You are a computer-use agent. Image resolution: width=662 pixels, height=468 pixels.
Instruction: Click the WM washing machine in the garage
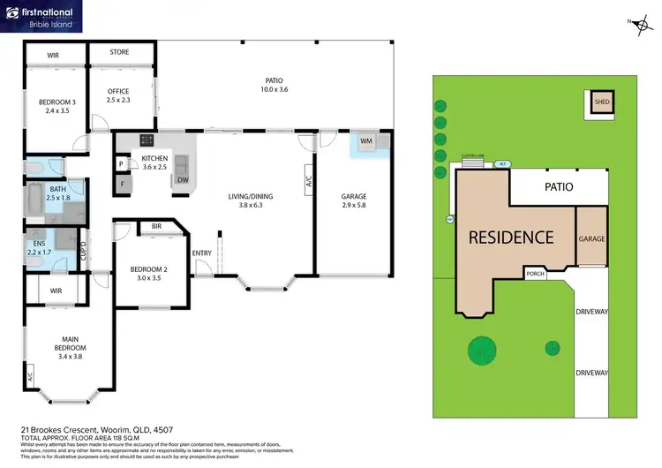[x=365, y=141]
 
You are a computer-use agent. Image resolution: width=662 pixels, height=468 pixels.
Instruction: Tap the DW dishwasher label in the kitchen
[x=183, y=180]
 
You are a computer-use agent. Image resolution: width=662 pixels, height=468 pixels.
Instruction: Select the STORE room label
[x=119, y=52]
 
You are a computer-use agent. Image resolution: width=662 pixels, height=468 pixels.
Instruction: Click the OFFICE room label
[x=118, y=91]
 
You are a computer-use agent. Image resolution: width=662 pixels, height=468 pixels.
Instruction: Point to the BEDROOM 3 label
[x=56, y=102]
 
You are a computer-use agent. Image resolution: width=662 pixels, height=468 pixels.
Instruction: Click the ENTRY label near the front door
[x=202, y=253]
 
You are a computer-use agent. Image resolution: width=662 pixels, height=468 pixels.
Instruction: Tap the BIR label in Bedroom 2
[x=156, y=227]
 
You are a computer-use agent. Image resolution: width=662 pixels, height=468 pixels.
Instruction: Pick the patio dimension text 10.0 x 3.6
[x=275, y=89]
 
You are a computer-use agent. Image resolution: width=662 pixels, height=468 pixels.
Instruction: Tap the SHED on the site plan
[x=602, y=102]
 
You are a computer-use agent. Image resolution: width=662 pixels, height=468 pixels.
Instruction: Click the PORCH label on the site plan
[x=535, y=273]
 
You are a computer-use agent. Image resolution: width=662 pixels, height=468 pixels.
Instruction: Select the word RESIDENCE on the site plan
[x=511, y=237]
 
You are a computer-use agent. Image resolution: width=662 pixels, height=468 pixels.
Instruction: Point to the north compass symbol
[x=639, y=24]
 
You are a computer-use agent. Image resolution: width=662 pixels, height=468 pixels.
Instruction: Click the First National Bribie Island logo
[x=42, y=17]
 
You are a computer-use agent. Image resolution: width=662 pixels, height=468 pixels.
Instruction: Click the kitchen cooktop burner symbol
[x=146, y=140]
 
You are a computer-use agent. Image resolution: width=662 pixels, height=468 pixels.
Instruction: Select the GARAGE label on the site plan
[x=591, y=238]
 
